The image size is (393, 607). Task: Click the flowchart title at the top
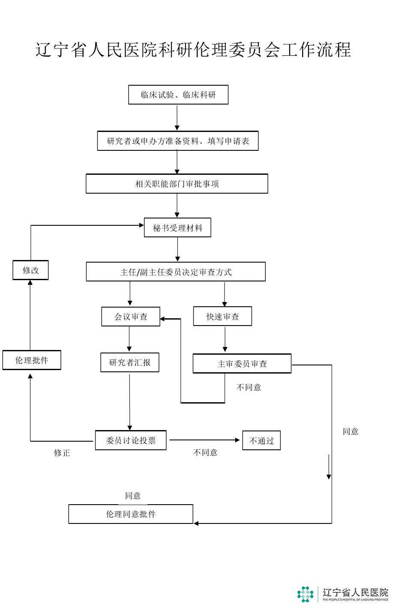point(193,50)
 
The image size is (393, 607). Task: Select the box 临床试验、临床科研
point(178,95)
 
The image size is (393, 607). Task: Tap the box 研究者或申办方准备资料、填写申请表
point(178,141)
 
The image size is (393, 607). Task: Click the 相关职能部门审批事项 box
point(177,184)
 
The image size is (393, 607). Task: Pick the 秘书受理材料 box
point(177,228)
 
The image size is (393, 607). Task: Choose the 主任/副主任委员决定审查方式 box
point(176,272)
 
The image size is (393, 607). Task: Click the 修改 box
point(30,270)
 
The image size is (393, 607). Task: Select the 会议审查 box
point(131,317)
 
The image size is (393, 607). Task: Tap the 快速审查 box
point(222,317)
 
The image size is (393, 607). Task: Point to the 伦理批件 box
point(32,360)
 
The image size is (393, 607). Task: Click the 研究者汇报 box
point(130,362)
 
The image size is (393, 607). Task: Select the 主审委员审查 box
point(242,364)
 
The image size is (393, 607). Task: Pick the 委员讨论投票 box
point(131,440)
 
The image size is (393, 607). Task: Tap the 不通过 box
point(261,440)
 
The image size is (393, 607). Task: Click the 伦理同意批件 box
point(131,514)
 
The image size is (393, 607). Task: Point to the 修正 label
point(62,453)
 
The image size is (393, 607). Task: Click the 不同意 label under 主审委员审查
point(249,387)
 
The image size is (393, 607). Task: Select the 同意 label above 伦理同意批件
point(133,496)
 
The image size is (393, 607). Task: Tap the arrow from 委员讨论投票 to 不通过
point(204,440)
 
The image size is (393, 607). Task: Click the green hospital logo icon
point(305,594)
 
